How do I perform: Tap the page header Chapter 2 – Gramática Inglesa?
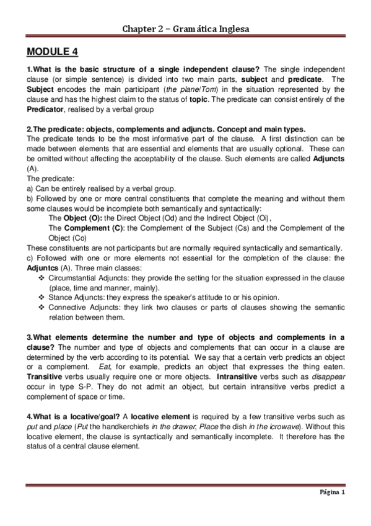pos(185,29)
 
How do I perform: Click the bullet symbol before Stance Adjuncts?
pos(41,297)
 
